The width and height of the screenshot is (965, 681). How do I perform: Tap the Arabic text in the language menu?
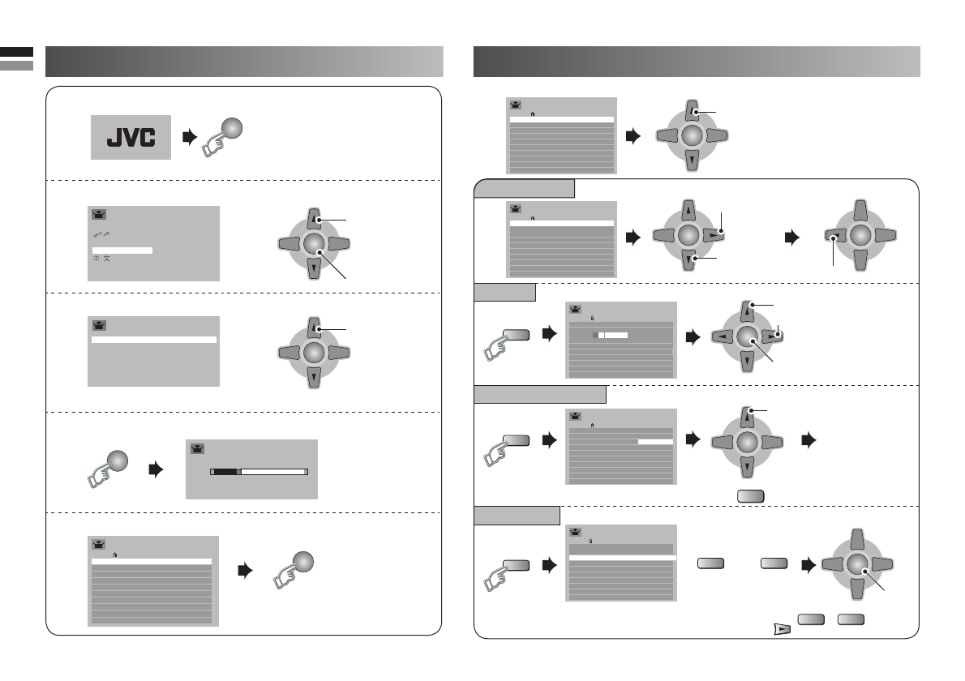coord(101,233)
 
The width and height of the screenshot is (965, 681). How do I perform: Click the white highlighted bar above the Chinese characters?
coord(122,250)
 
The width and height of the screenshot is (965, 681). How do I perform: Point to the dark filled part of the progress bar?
coord(224,469)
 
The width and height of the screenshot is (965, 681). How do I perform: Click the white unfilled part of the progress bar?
coord(274,469)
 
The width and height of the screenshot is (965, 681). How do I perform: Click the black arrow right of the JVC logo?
coord(189,137)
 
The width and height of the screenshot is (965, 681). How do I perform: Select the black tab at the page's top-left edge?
coord(16,52)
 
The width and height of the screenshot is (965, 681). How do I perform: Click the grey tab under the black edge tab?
coord(16,65)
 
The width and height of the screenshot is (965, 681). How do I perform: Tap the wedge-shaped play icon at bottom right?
coord(779,628)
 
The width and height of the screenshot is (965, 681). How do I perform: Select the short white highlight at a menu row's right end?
coord(655,442)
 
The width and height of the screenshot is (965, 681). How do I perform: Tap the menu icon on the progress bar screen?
coord(199,447)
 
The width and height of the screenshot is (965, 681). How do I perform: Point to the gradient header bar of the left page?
coord(244,61)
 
